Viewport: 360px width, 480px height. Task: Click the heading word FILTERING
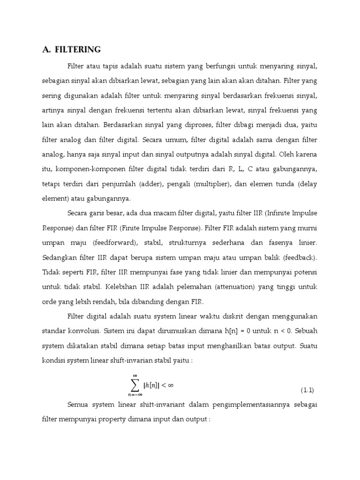78,50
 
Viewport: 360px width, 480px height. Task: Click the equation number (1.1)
307,390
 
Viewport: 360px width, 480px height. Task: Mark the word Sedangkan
58,258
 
